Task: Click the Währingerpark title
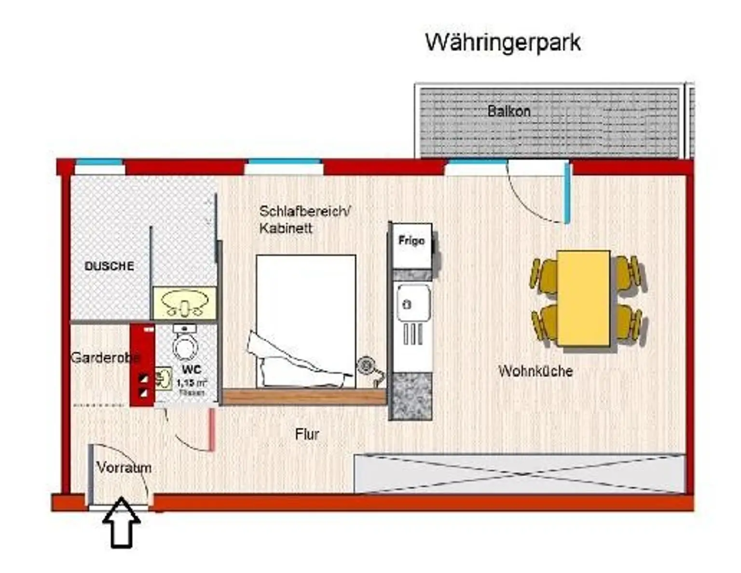click(503, 42)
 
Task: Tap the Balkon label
click(508, 111)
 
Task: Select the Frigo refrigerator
click(412, 245)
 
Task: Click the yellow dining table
click(583, 298)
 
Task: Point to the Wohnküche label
click(535, 371)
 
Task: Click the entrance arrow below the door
click(122, 523)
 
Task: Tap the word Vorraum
click(123, 467)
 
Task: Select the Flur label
click(307, 434)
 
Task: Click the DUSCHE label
click(109, 266)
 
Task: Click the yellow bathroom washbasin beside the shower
click(184, 303)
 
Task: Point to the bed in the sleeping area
click(306, 321)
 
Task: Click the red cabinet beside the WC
click(142, 365)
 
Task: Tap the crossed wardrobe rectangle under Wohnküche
click(519, 474)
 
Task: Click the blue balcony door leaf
click(567, 193)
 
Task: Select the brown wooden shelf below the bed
click(304, 396)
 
